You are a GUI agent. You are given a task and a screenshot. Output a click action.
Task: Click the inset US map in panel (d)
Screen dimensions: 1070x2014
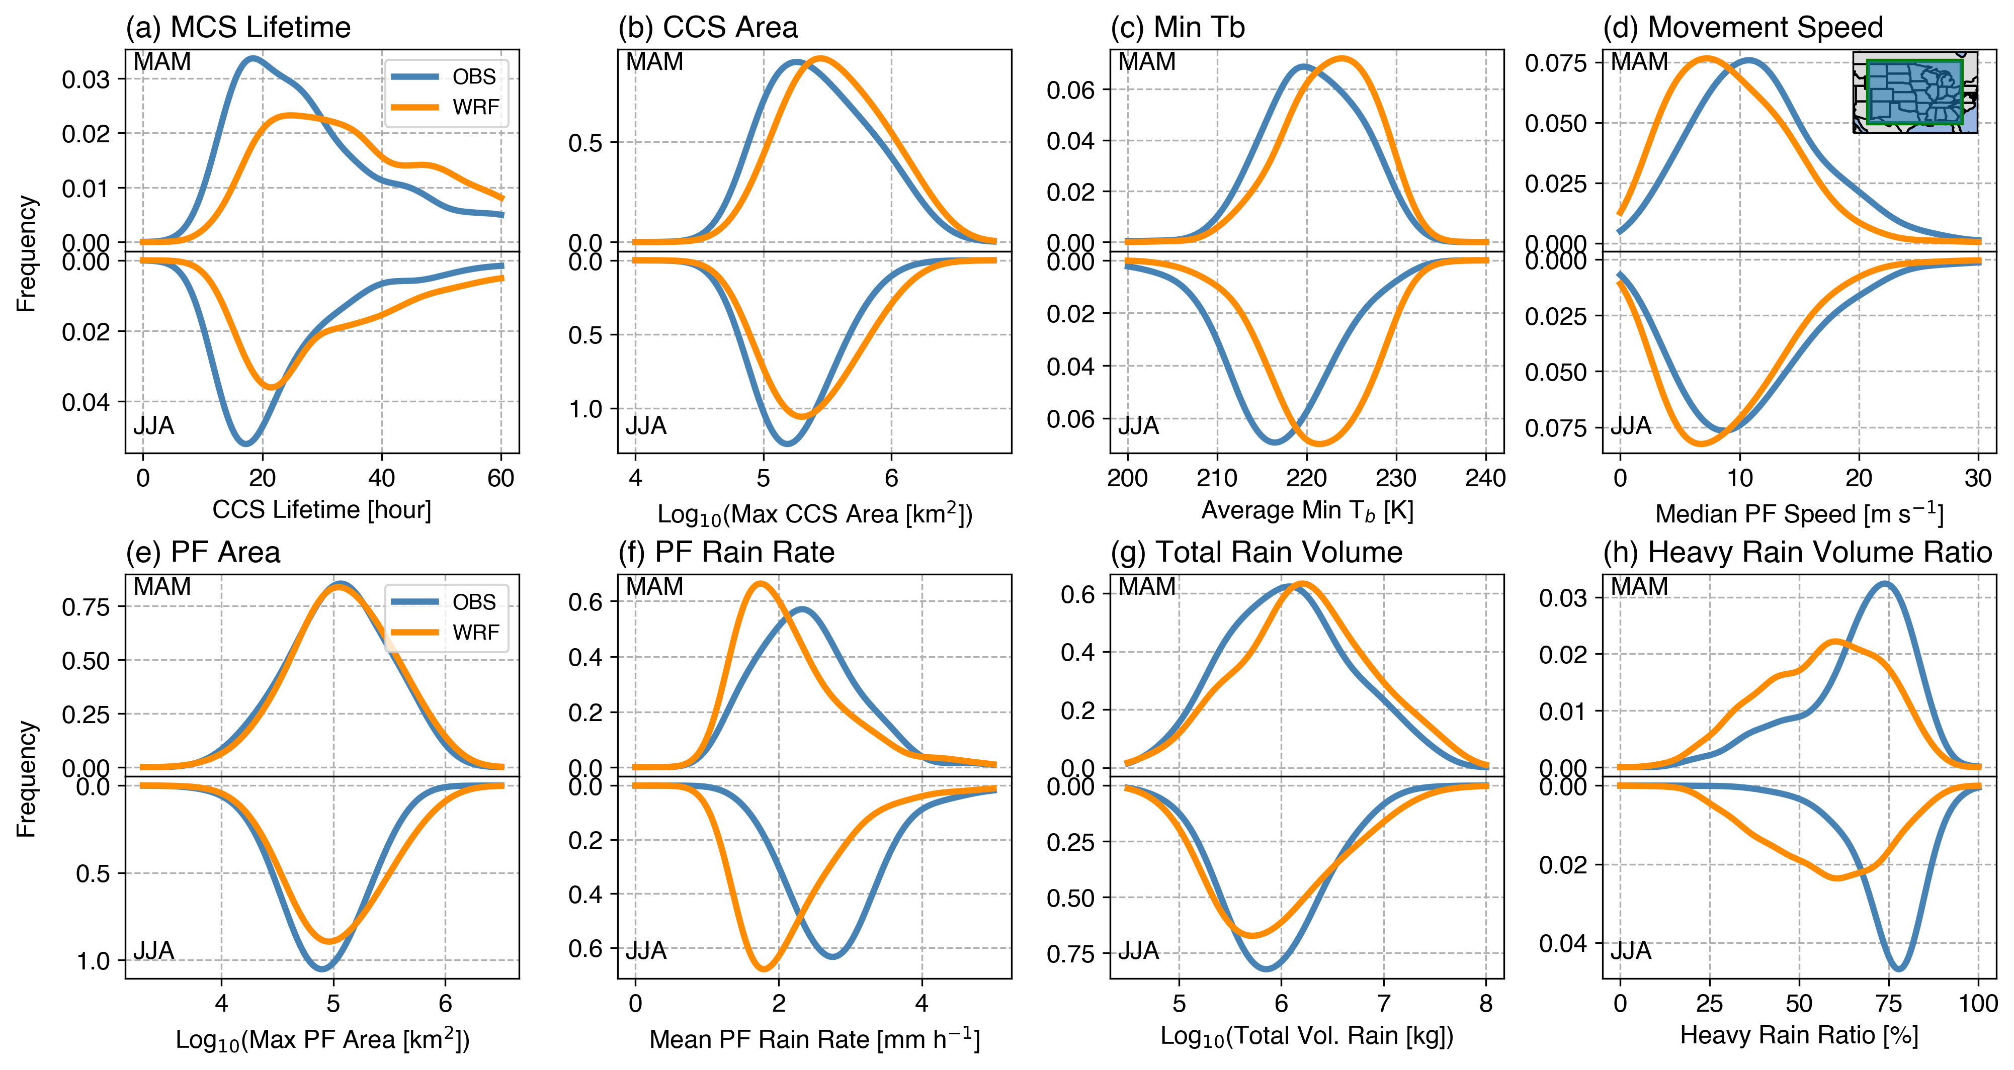point(1915,92)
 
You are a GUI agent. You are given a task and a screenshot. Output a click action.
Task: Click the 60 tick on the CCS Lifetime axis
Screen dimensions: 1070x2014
point(501,478)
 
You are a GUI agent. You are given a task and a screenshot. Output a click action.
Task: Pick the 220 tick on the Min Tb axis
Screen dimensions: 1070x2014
point(1306,478)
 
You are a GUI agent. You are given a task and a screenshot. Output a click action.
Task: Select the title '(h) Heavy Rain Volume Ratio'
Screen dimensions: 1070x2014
point(1797,553)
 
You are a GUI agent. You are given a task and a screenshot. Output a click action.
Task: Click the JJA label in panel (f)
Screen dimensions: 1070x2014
point(646,950)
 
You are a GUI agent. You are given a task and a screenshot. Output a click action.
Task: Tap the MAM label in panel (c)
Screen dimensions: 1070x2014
point(1146,62)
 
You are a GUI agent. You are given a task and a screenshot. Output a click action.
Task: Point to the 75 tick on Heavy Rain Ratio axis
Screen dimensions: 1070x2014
point(1889,1004)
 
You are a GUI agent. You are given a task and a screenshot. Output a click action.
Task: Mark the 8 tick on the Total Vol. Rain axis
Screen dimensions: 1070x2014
point(1485,1004)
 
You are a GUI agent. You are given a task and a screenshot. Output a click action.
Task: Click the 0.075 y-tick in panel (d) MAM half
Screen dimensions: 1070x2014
point(1555,62)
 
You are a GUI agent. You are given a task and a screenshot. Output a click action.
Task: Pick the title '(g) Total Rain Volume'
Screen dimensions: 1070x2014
point(1256,553)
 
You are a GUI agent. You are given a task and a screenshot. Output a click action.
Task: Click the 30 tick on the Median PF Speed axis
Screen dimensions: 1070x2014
point(1978,478)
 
